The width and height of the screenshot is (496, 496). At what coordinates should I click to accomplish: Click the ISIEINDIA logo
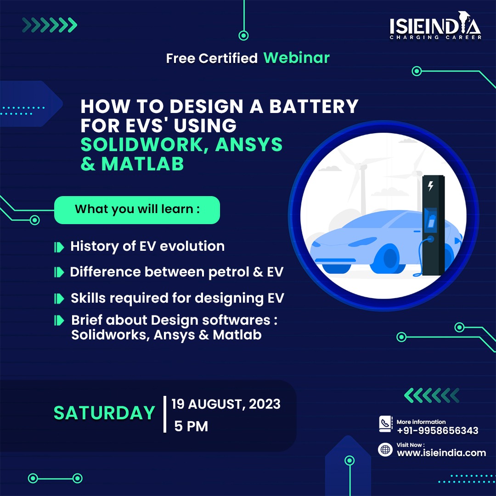pos(435,26)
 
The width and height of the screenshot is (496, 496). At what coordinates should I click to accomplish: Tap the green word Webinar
pos(296,57)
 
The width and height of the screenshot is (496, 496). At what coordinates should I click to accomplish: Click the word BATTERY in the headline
pos(314,106)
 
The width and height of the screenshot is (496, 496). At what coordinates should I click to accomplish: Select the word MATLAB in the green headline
pos(143,164)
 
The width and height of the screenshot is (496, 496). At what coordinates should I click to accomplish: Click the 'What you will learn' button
pos(137,210)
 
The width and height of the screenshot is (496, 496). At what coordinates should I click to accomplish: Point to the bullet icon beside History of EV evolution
pos(59,247)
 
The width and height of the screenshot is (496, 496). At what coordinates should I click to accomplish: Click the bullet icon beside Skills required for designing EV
pos(59,299)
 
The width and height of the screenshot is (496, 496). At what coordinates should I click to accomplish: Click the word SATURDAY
pos(104,413)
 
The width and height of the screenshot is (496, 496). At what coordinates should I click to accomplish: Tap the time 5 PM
pos(191,426)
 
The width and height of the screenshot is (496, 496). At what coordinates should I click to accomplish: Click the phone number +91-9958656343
pos(438,430)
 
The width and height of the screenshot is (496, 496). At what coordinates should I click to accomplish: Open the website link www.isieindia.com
pos(441,453)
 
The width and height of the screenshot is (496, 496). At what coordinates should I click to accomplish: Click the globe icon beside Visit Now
pos(385,450)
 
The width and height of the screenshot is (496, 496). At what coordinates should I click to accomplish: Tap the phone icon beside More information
pos(386,423)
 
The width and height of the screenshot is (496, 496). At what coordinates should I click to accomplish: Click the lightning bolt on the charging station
pos(430,186)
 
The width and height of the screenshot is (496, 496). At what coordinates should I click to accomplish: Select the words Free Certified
pos(212,58)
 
